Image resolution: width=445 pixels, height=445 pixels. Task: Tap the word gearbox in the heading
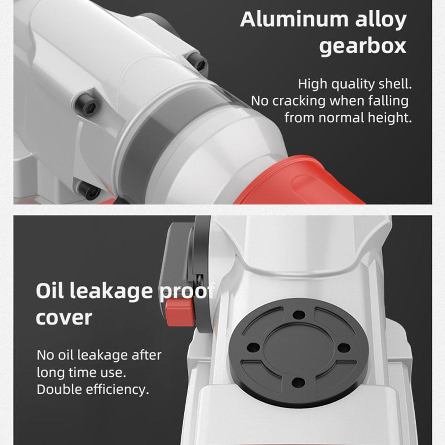point(363,46)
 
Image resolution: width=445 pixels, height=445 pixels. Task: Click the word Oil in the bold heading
point(50,291)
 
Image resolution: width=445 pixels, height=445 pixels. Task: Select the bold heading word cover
point(64,318)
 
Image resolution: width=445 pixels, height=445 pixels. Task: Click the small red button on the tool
point(180,311)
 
